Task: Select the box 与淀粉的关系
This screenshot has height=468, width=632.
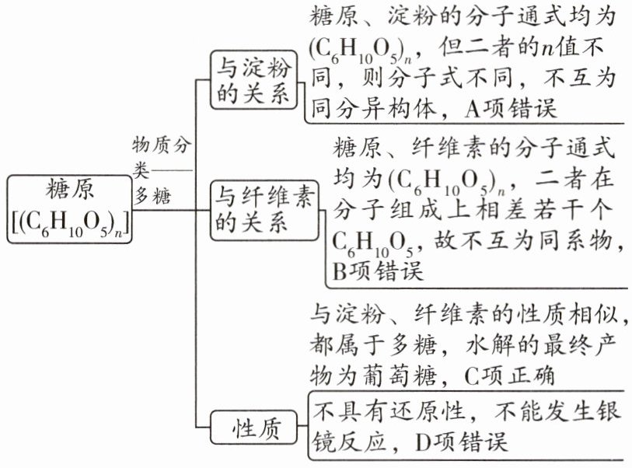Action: point(253,80)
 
